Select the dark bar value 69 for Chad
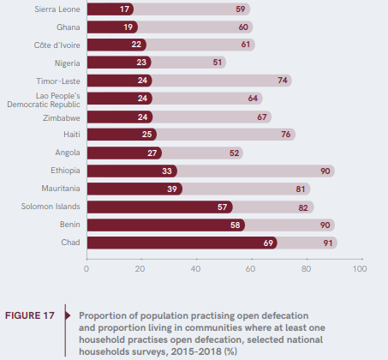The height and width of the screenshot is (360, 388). [x=269, y=243]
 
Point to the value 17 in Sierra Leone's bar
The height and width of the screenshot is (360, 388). [x=126, y=9]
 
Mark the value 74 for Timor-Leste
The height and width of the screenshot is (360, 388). [x=282, y=81]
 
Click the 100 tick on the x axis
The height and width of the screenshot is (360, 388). [x=359, y=268]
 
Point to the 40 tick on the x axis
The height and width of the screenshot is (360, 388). [x=195, y=268]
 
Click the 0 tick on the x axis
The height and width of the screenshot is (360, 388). [x=87, y=268]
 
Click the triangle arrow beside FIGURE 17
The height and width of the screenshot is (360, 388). [x=67, y=315]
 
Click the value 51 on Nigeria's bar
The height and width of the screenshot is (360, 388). [x=218, y=63]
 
